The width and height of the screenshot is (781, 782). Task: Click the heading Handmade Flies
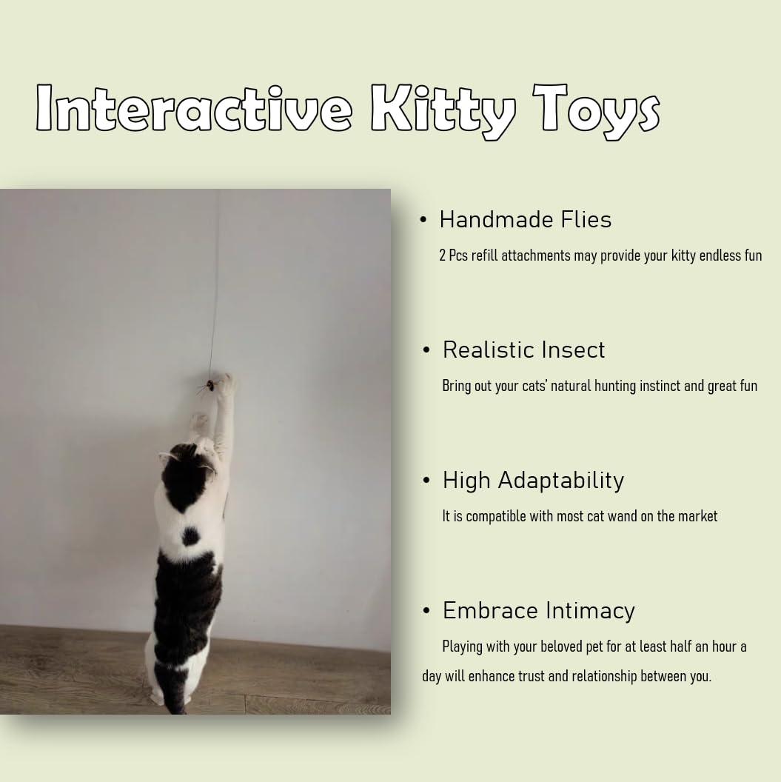pos(525,220)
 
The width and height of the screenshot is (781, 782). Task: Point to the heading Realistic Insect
pos(523,350)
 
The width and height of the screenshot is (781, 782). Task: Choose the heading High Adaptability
pos(533,481)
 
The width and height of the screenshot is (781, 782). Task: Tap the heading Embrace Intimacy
pos(538,611)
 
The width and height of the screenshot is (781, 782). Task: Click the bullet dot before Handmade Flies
pos(423,220)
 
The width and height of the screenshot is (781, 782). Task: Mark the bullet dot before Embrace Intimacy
pos(426,611)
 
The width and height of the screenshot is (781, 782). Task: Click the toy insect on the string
pos(210,386)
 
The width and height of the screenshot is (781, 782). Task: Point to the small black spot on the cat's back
pos(191,535)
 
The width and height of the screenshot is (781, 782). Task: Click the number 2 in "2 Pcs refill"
pos(443,256)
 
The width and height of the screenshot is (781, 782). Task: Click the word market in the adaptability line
pos(697,516)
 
